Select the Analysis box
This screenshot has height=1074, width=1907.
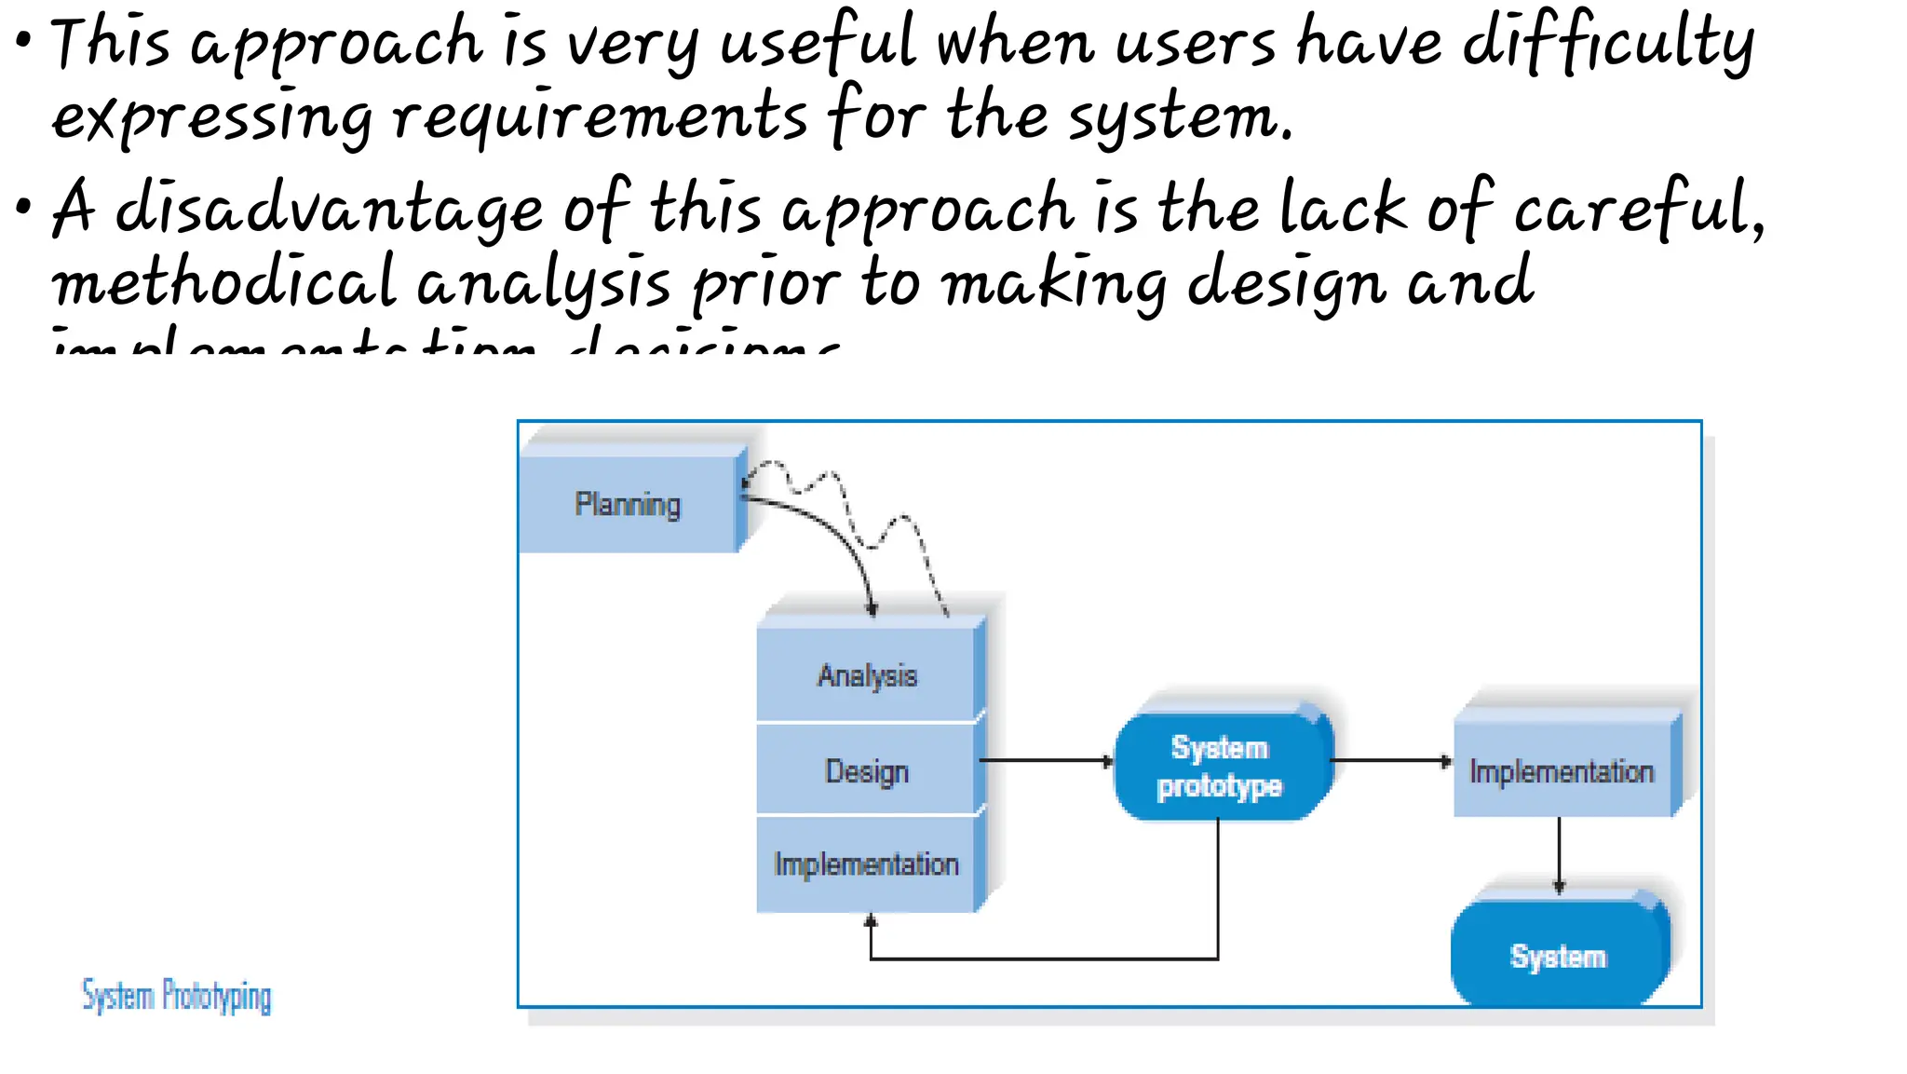click(x=867, y=675)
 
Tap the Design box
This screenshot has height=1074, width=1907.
click(x=867, y=771)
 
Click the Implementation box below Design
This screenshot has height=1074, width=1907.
click(x=867, y=864)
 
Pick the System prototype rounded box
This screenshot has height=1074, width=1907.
click(x=1221, y=766)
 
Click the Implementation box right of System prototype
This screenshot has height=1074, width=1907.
click(x=1562, y=771)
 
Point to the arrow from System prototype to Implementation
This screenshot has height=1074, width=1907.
click(x=1390, y=761)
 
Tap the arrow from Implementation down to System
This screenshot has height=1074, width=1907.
click(x=1560, y=852)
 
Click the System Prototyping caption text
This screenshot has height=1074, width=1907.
click(x=177, y=996)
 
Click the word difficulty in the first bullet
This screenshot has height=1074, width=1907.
click(x=1608, y=45)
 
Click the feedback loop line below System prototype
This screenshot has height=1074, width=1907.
click(x=1043, y=958)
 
